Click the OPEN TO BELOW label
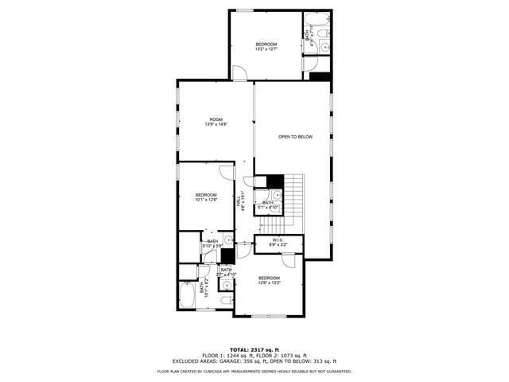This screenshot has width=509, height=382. (x=295, y=137)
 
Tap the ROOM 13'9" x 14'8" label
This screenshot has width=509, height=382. (x=216, y=122)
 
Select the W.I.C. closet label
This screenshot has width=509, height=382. (x=278, y=241)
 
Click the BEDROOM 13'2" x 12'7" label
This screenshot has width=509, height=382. (x=266, y=46)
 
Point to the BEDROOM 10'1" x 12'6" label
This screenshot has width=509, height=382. (x=206, y=197)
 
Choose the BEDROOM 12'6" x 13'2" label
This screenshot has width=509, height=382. (x=269, y=280)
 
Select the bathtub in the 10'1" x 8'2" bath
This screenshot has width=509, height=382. (x=187, y=297)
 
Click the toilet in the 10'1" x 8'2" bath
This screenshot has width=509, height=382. (x=225, y=299)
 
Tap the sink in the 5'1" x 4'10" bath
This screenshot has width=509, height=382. (x=276, y=195)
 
